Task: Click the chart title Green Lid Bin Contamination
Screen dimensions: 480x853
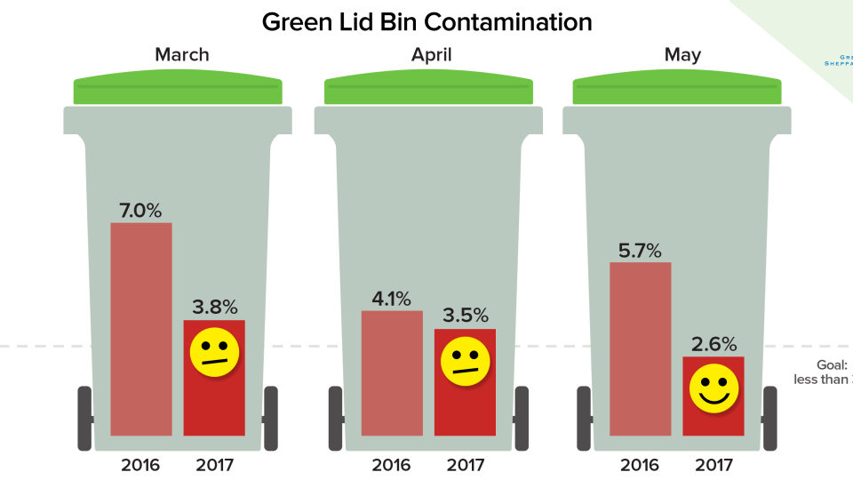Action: (426, 22)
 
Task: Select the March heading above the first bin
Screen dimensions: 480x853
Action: (181, 55)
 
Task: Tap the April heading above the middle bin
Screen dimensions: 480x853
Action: (431, 55)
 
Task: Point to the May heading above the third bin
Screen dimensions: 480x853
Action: (682, 55)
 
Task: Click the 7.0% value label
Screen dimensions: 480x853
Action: (140, 211)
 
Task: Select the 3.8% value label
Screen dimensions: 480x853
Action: (215, 308)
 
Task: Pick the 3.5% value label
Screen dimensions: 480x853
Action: (466, 316)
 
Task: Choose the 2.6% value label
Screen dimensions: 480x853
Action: (713, 344)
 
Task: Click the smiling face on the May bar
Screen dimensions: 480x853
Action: (713, 388)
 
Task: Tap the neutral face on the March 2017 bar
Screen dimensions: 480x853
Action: (215, 351)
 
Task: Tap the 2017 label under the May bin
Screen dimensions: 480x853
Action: (713, 464)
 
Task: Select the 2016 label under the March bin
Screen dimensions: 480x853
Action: (140, 464)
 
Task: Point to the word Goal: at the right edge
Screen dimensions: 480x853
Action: (833, 364)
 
